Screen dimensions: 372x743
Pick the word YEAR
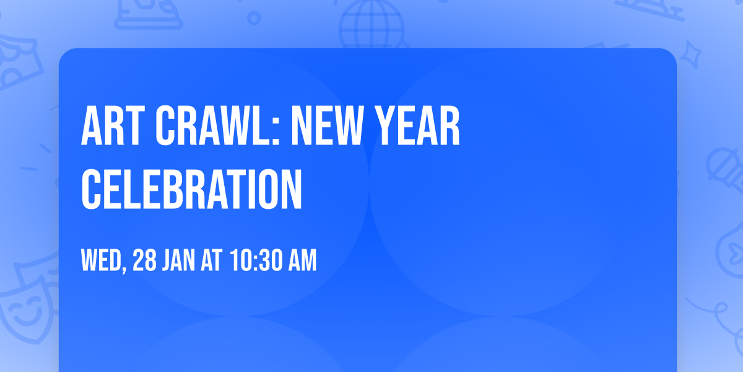(421, 127)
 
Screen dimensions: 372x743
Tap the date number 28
(144, 260)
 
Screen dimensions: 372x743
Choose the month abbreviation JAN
(180, 260)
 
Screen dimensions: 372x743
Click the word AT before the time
(212, 260)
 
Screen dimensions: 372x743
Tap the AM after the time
(301, 260)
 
